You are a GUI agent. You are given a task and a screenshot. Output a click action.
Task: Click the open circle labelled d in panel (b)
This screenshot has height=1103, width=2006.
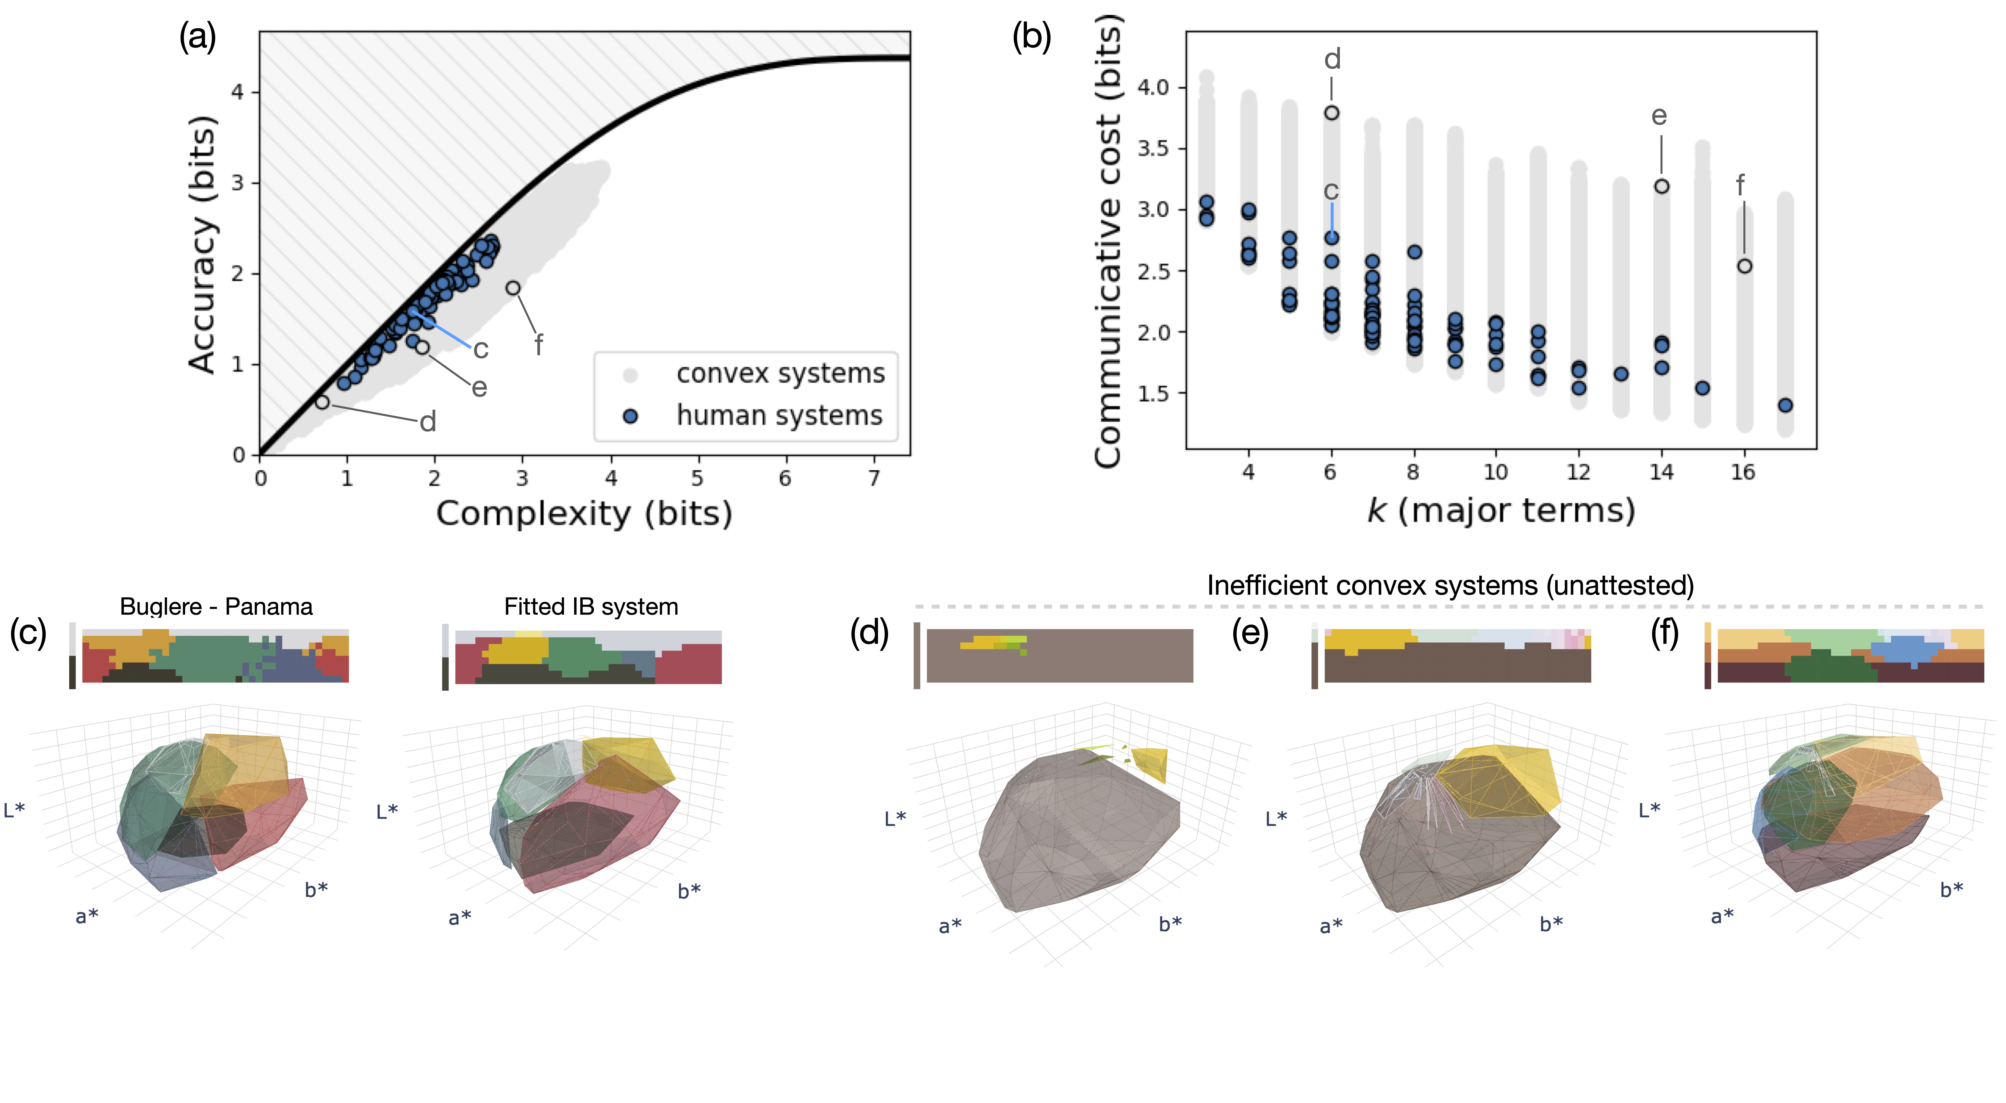(1332, 113)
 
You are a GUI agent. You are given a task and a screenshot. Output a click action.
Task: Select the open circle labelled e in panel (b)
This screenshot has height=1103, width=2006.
(1662, 186)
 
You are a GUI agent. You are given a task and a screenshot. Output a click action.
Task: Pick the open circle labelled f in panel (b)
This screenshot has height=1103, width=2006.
(1744, 266)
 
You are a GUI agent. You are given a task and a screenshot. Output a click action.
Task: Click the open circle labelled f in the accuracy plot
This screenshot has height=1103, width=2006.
(513, 288)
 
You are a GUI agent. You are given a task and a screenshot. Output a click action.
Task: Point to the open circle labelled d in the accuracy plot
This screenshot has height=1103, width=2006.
(322, 402)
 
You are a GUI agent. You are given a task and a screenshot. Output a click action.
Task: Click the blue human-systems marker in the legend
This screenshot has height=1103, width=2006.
(631, 416)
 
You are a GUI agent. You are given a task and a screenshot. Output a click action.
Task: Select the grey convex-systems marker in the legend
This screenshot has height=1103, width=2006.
(631, 375)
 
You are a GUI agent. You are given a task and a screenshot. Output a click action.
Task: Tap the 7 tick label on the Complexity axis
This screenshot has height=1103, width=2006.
(874, 478)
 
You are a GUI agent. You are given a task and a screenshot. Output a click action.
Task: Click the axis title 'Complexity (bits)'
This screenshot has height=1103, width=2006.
(584, 514)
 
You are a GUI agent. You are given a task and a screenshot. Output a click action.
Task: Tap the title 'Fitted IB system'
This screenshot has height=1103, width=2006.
(591, 606)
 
